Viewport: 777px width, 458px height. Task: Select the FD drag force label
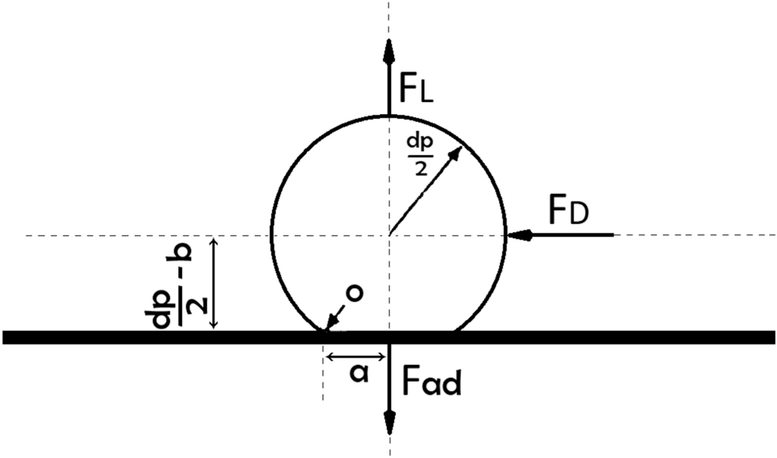[569, 211]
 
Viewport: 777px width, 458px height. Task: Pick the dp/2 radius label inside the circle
[418, 154]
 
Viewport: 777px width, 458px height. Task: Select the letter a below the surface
[360, 374]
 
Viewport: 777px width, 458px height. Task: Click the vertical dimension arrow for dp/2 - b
[214, 282]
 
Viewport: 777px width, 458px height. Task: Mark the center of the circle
[389, 235]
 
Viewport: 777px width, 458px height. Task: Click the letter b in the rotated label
[183, 252]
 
